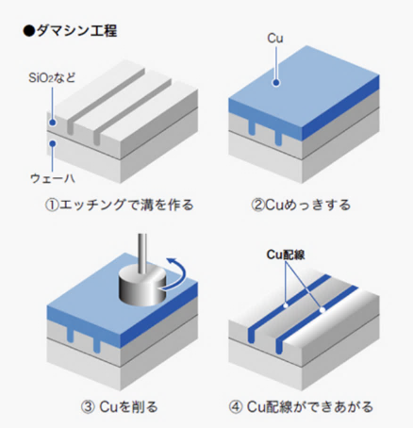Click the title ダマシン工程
76,31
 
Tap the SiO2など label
52,77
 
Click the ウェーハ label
53,178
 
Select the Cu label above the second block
275,39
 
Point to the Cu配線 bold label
286,255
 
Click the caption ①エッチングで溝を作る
119,205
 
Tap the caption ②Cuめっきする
301,205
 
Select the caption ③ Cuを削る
119,407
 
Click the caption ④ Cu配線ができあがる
301,407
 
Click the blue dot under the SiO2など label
53,123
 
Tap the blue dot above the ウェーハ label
53,143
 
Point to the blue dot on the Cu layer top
276,83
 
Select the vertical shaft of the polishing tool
142,252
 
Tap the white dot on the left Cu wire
286,305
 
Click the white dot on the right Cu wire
322,310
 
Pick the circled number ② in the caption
257,206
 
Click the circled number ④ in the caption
236,407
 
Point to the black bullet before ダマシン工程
29,31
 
